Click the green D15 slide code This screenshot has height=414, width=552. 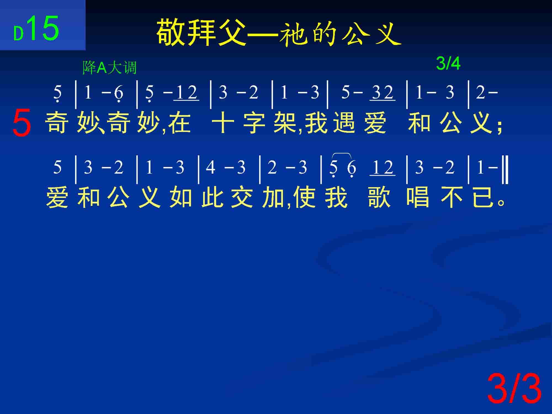36,29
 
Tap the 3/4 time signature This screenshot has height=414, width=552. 448,63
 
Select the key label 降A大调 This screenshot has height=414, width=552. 110,68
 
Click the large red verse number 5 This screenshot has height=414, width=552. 22,122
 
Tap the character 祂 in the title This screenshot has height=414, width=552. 293,33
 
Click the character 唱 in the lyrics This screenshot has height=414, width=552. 418,197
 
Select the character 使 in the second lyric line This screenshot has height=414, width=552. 304,197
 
